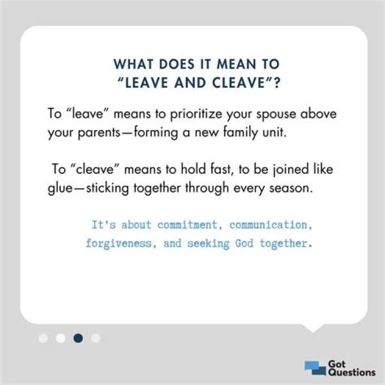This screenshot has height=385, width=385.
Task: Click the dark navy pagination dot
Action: coord(78,338)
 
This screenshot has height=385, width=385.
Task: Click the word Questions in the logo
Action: coord(351,372)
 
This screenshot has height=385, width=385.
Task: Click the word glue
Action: coord(60,189)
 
